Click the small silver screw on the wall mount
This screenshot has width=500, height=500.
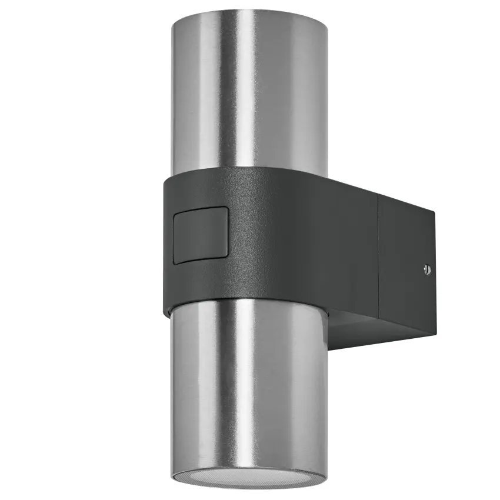pos(426,270)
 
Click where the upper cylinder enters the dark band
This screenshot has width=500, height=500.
pos(247,175)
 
